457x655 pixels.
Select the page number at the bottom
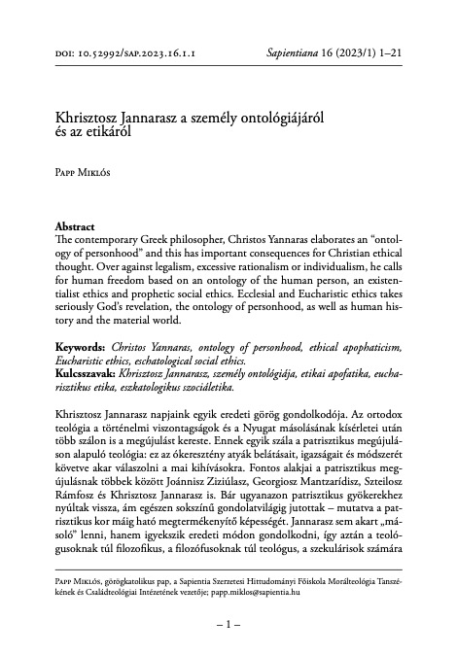click(x=228, y=638)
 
